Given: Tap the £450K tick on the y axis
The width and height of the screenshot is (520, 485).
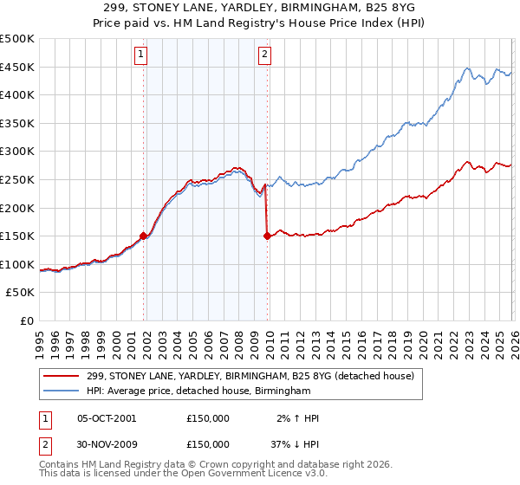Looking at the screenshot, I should coord(16,68).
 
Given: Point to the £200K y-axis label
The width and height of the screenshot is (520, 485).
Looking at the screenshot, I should coord(16,208).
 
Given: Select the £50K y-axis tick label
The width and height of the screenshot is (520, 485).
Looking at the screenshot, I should coord(20,293).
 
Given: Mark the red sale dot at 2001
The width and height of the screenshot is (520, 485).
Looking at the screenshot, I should coord(143,235).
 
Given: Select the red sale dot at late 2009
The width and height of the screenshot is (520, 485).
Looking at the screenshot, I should coord(267,235).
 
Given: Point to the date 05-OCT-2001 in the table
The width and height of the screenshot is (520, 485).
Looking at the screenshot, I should coord(107,418).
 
